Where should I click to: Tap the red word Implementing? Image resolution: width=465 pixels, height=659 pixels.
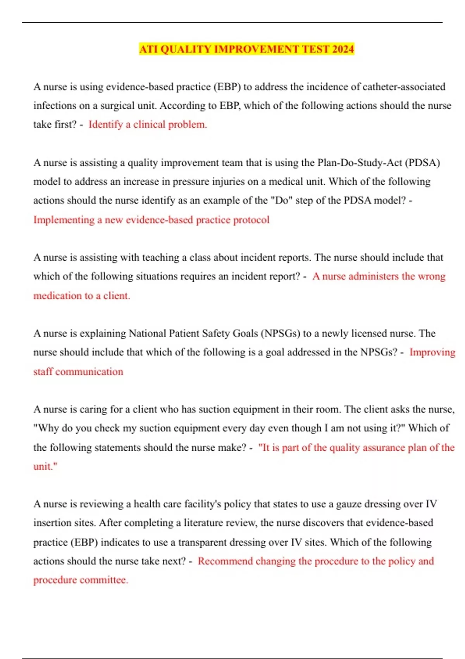click(64, 220)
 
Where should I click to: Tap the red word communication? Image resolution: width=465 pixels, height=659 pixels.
click(89, 371)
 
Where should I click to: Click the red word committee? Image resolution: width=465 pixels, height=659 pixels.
click(104, 580)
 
